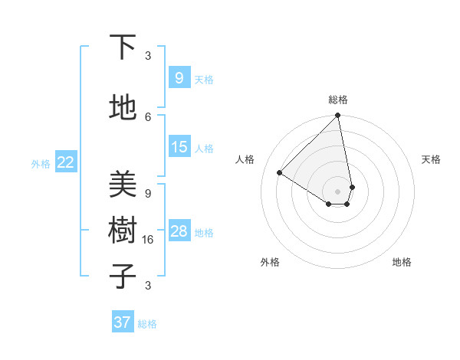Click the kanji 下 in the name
pos(123,47)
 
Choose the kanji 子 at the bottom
pos(123,276)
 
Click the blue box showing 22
pos(66,162)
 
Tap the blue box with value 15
pos(179,147)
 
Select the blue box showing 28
pos(179,231)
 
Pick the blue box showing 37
pos(123,322)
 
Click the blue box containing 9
pos(179,77)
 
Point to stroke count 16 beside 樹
pos(148,239)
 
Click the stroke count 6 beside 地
pos(148,116)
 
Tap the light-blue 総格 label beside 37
pos(147,324)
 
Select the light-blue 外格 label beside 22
pos(41,163)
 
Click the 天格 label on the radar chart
pos(431,159)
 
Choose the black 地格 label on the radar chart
pos(402,262)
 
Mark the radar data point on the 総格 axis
pos(337,116)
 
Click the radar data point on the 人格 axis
pos(280,173)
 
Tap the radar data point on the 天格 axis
pos(352,187)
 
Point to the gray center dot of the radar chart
pos(337,191)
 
